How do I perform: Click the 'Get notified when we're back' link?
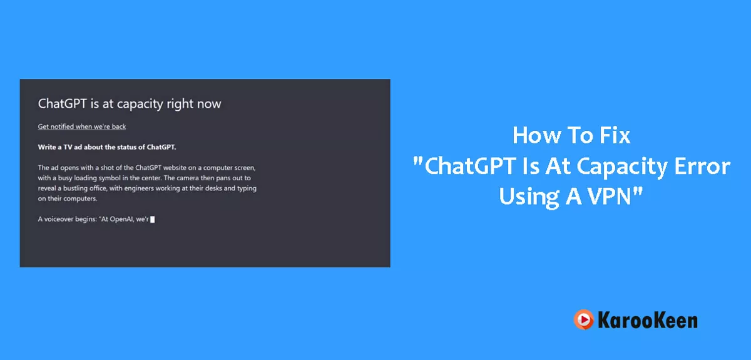pos(82,126)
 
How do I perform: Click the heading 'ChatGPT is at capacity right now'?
pos(130,104)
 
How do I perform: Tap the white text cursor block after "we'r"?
pos(153,219)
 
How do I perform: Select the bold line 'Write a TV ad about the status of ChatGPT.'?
pos(107,147)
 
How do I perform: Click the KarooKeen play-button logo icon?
pos(584,319)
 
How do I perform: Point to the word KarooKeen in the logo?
pos(648,320)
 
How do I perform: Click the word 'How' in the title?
pos(536,135)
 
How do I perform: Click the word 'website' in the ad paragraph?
pos(175,167)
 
